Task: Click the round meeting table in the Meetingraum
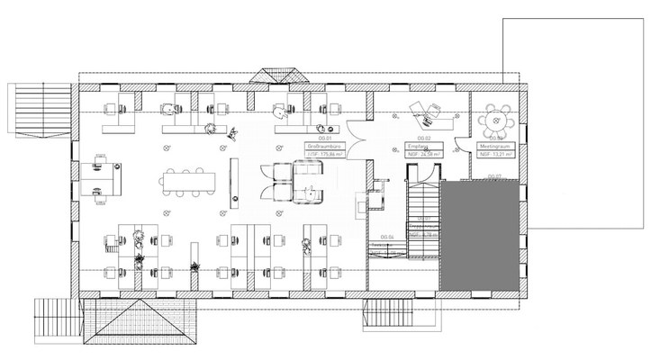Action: [x=495, y=118]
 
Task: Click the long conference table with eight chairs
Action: [x=189, y=182]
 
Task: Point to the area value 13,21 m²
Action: [x=498, y=155]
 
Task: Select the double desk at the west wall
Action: [x=102, y=178]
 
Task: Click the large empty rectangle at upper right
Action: [x=584, y=117]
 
